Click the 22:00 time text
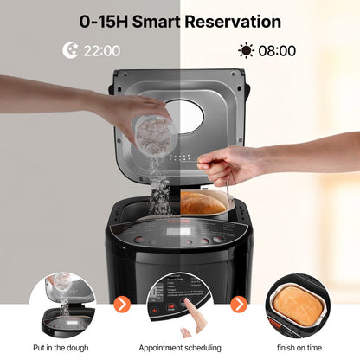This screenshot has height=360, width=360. (101, 50)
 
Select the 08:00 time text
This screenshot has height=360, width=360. (278, 50)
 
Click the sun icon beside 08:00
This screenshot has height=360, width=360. (247, 50)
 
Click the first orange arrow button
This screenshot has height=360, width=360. (124, 304)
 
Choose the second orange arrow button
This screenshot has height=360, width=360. (237, 304)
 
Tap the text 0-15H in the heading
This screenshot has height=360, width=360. (105, 21)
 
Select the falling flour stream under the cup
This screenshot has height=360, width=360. (159, 186)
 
